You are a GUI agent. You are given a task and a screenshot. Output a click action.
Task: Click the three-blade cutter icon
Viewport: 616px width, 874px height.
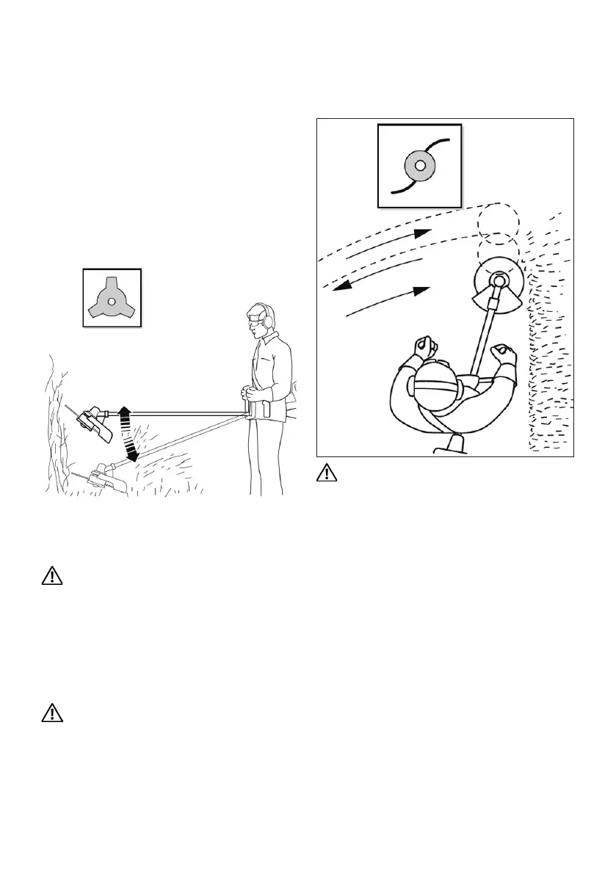coord(111,299)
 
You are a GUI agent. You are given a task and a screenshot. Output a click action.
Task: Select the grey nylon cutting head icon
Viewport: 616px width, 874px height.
coord(419,166)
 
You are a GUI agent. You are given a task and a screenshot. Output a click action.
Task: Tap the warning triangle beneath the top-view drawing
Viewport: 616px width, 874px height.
coord(327,475)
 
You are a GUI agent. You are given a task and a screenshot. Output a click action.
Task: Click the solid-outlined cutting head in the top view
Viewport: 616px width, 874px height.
coord(497,280)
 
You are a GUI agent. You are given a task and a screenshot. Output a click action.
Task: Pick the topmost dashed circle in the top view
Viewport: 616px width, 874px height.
coord(498,218)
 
